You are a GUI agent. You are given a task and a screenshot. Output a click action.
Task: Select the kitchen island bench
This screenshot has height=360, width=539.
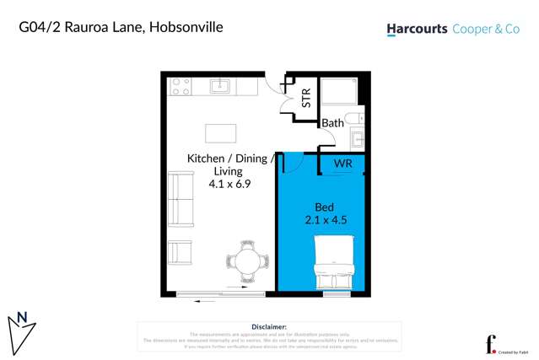click(222, 134)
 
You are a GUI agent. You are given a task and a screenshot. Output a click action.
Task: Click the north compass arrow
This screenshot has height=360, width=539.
click(22, 325)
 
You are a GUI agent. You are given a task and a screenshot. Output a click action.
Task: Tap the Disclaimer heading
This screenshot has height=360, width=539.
click(269, 326)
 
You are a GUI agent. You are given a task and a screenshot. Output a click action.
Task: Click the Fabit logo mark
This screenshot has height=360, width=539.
click(490, 342)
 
